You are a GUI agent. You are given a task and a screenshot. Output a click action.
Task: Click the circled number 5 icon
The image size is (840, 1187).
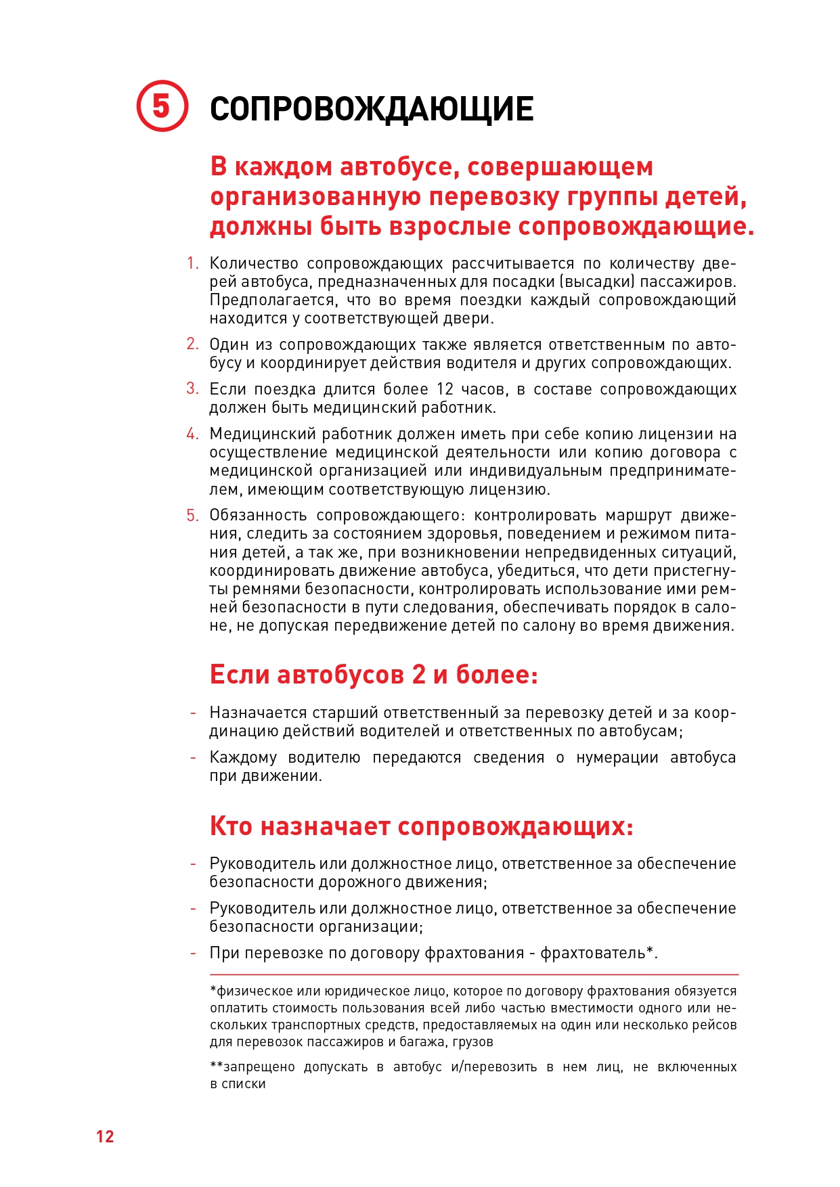(162, 106)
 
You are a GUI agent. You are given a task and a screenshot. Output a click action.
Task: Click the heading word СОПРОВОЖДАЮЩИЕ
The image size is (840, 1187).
(372, 109)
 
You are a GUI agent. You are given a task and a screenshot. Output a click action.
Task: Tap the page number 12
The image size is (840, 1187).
(105, 1136)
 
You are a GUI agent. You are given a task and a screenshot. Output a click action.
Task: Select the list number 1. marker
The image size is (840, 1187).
(193, 263)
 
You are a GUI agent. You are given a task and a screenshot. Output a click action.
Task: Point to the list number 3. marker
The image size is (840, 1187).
(193, 389)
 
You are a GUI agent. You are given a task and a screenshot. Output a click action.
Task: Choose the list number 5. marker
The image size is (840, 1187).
(193, 516)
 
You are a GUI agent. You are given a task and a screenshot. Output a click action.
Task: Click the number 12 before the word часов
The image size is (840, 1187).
(445, 389)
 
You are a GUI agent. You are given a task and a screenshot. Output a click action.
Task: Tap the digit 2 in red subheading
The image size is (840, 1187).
(418, 675)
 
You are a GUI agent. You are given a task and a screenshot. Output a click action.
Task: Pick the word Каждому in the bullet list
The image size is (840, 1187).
(243, 758)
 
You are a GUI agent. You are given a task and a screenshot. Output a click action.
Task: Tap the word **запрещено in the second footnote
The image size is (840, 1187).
(252, 1068)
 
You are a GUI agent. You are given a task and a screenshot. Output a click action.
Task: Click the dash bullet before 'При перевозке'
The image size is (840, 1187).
(193, 954)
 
